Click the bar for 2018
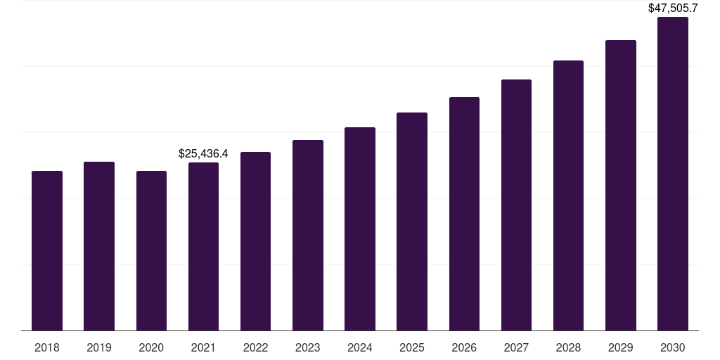pyautogui.click(x=47, y=250)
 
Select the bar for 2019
pyautogui.click(x=99, y=246)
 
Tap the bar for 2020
pyautogui.click(x=151, y=250)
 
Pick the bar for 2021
pyautogui.click(x=203, y=246)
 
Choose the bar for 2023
pyautogui.click(x=308, y=235)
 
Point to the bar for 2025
pyautogui.click(x=412, y=221)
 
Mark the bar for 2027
pyautogui.click(x=516, y=205)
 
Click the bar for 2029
pyautogui.click(x=621, y=185)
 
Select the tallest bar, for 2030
pyautogui.click(x=673, y=174)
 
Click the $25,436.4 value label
pyautogui.click(x=203, y=153)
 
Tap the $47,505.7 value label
pyautogui.click(x=673, y=8)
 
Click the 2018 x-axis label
pyautogui.click(x=47, y=347)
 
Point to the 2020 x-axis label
pyautogui.click(x=151, y=347)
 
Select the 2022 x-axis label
pyautogui.click(x=256, y=347)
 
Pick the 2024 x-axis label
pyautogui.click(x=360, y=347)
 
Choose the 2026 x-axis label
pyautogui.click(x=464, y=347)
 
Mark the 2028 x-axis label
pyautogui.click(x=568, y=347)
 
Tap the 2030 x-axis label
pyautogui.click(x=673, y=347)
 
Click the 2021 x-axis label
pyautogui.click(x=203, y=347)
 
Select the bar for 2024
pyautogui.click(x=360, y=229)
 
